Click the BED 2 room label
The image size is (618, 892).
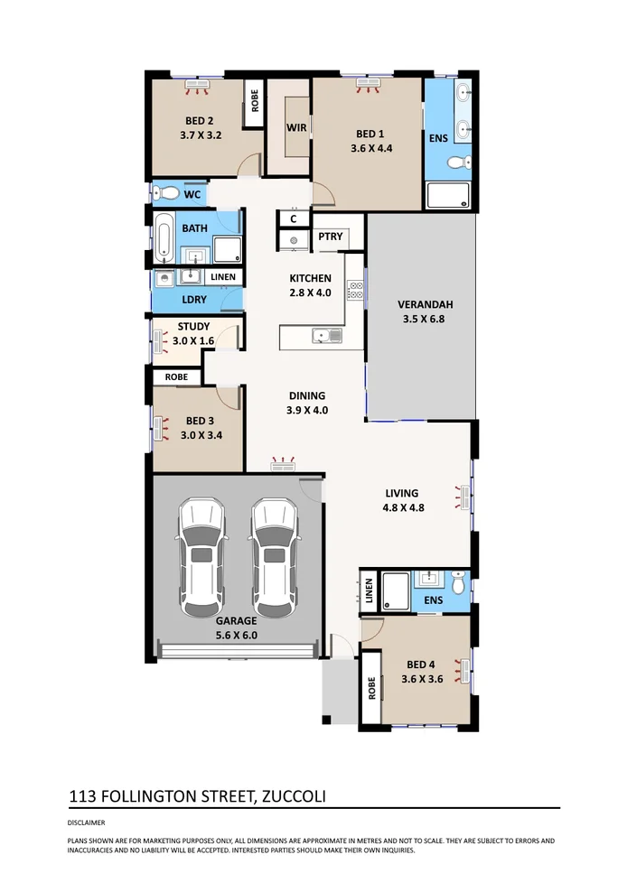[x=199, y=121]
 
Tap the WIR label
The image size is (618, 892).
[x=296, y=127]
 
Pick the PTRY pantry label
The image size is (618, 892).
[x=331, y=237]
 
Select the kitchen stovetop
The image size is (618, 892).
[x=355, y=291]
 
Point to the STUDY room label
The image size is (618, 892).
[x=193, y=327]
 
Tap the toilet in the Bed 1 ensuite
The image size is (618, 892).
[x=457, y=163]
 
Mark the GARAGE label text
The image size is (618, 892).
[x=237, y=621]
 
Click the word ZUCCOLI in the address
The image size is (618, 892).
[x=295, y=796]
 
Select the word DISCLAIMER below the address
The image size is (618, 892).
[x=87, y=822]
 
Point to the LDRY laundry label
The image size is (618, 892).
[x=194, y=299]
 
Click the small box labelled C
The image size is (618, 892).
[x=294, y=218]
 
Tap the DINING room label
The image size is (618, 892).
[x=307, y=395]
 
